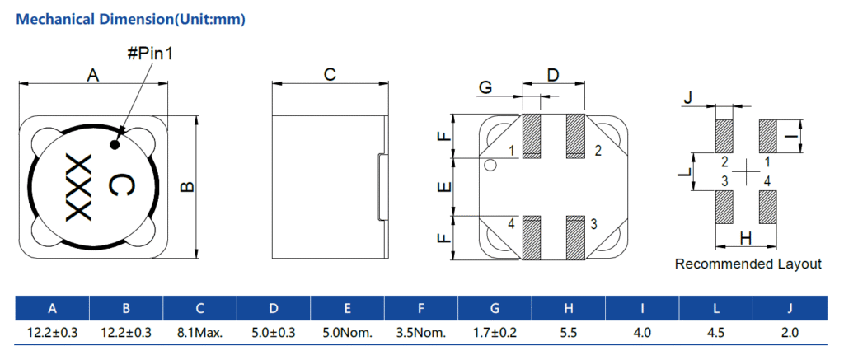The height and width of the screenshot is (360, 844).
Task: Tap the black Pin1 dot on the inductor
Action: click(115, 146)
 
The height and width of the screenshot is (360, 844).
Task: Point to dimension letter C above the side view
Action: click(329, 75)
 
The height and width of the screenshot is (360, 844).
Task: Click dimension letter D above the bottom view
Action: click(553, 75)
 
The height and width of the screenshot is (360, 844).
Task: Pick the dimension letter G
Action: click(485, 87)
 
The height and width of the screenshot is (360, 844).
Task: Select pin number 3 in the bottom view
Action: click(593, 223)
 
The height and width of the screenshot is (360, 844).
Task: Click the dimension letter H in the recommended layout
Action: click(745, 239)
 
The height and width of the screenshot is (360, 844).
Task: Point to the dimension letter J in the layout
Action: click(688, 100)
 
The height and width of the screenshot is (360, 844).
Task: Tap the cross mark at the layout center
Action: click(746, 171)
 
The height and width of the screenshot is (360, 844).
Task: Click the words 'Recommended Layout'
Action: click(748, 264)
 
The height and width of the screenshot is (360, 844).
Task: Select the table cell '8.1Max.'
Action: click(199, 333)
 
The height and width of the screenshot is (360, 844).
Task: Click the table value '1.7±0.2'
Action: click(495, 333)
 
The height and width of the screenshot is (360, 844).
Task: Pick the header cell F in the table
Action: click(421, 309)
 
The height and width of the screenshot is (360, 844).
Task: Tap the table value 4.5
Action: click(716, 333)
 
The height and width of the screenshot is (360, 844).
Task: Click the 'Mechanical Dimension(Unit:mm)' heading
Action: click(131, 17)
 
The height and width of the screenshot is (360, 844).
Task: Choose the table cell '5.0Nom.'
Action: click(347, 333)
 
